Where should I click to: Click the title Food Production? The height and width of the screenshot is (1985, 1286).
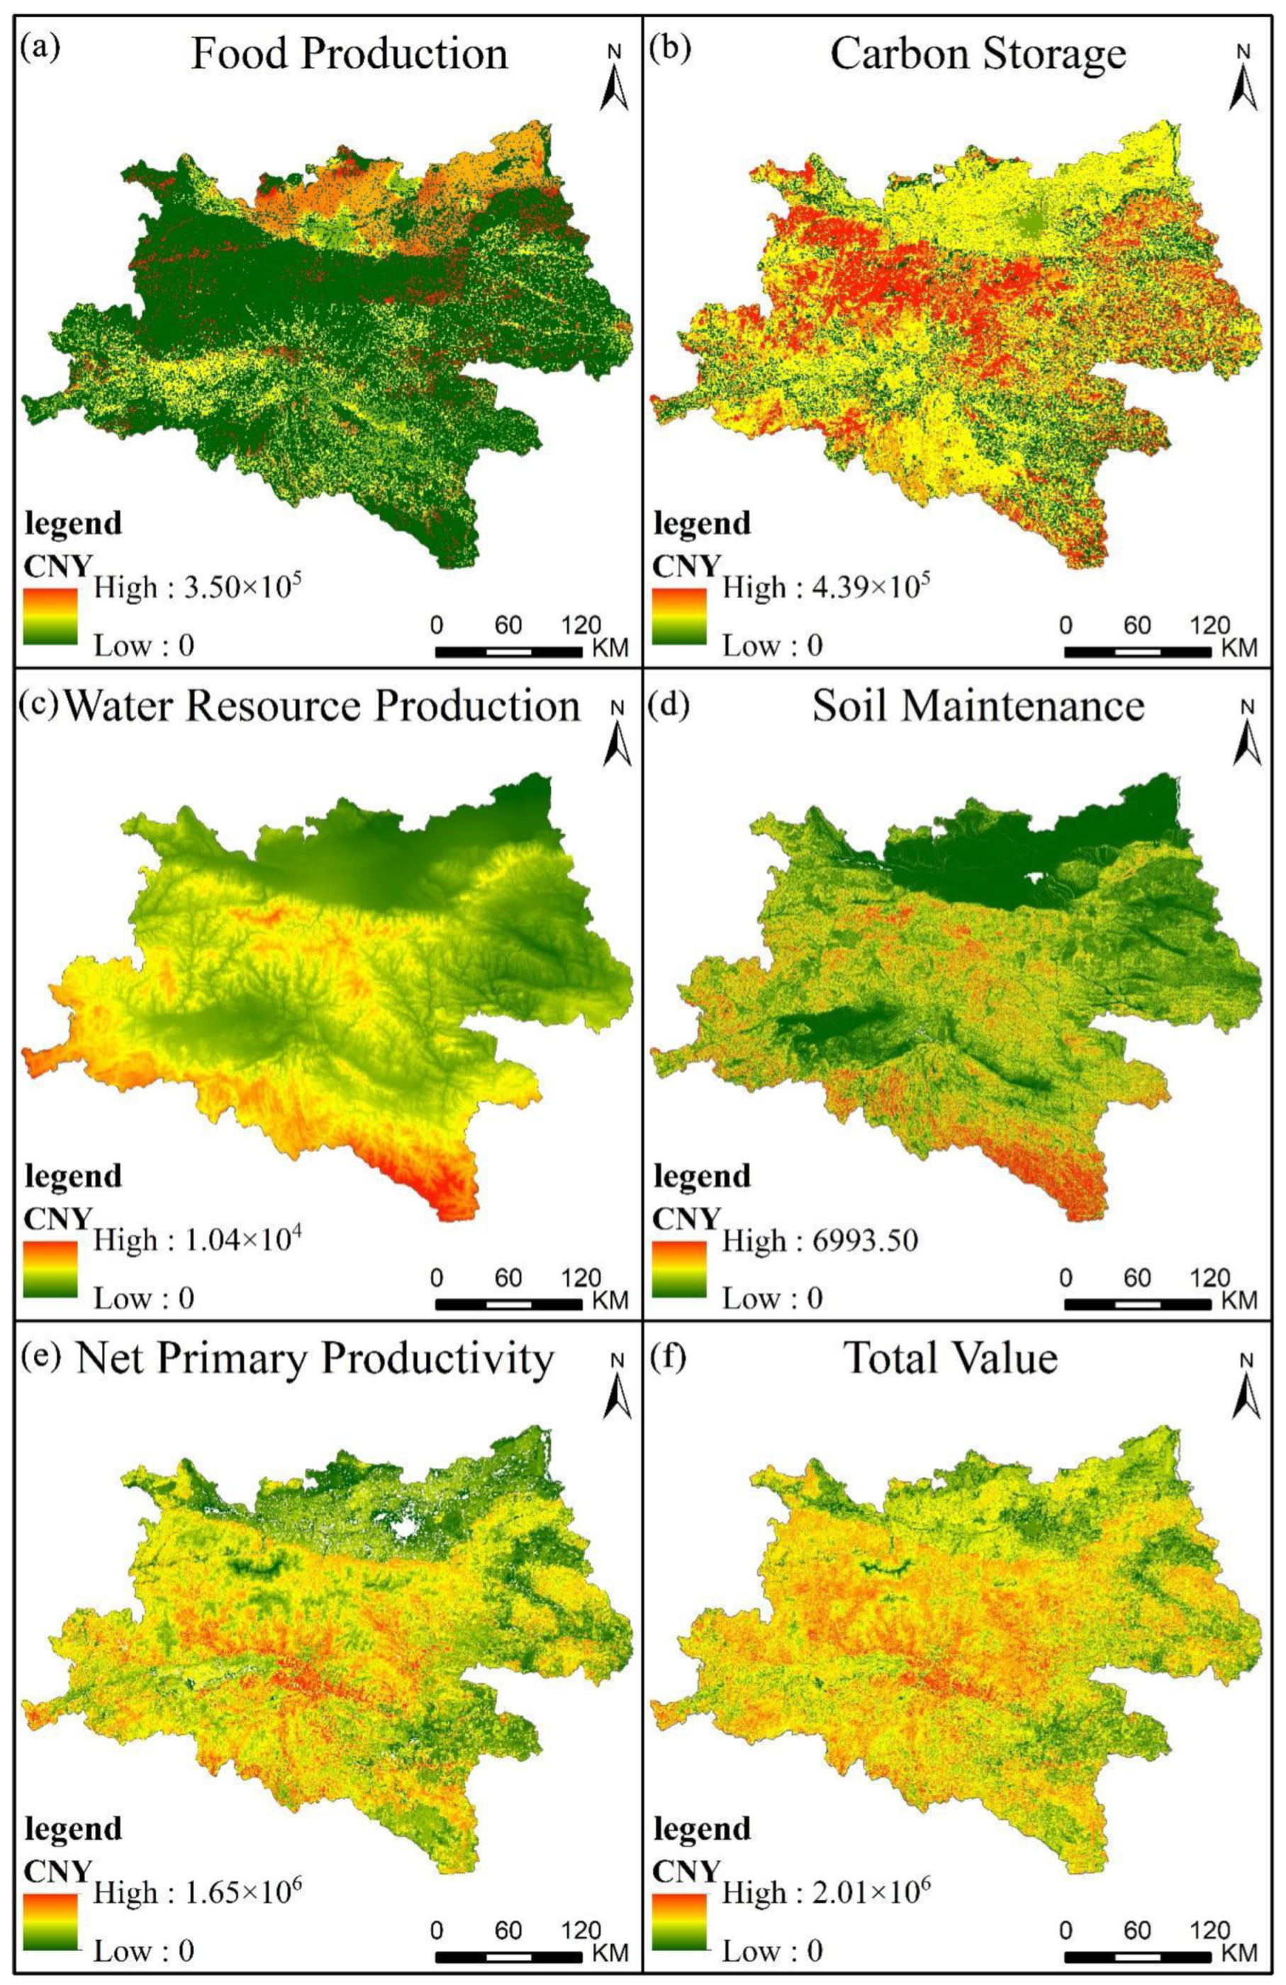tap(349, 55)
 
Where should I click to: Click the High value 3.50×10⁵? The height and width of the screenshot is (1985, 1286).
tap(197, 588)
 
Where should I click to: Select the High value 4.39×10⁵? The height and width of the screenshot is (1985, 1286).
tap(825, 588)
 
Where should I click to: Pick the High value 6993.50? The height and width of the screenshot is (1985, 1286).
tap(820, 1240)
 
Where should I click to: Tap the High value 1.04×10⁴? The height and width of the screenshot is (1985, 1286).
tap(197, 1240)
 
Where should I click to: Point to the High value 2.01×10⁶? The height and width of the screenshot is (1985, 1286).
tap(825, 1893)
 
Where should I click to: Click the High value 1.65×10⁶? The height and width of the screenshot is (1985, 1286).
tap(197, 1893)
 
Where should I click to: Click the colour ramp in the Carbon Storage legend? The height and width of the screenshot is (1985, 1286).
tap(678, 617)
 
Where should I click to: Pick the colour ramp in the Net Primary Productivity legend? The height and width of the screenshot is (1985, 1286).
tap(50, 1922)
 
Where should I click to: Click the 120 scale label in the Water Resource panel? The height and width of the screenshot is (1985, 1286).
tap(581, 1278)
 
